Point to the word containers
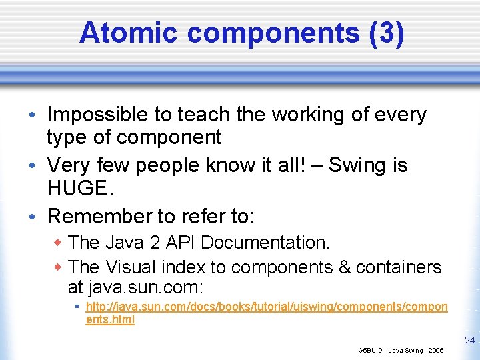[399, 267]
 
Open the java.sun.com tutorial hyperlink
[267, 307]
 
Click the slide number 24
[469, 340]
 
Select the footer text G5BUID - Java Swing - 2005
[401, 350]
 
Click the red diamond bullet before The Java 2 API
[57, 242]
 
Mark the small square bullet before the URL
[77, 307]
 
